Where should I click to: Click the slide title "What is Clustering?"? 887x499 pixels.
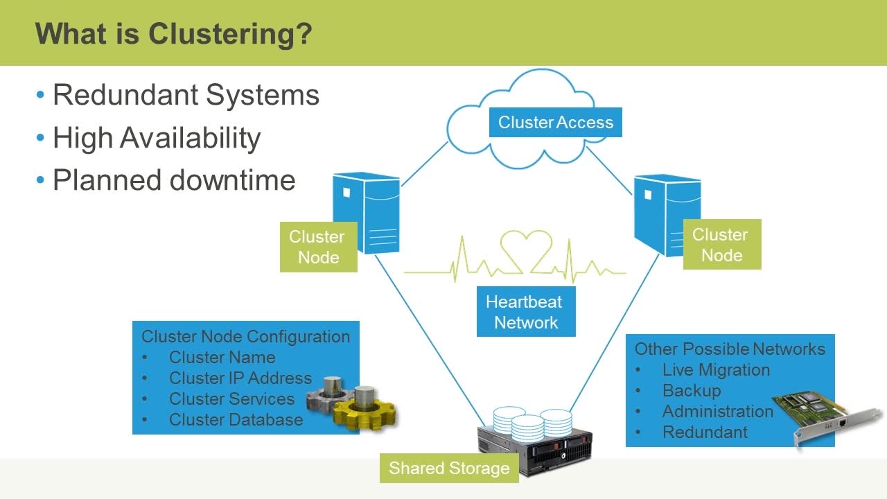[174, 34]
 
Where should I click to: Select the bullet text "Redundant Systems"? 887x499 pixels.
[186, 95]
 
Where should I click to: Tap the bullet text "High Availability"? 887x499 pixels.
[157, 138]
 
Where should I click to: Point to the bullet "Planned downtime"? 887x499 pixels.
[174, 180]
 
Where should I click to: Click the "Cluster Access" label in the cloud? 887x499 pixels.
[556, 123]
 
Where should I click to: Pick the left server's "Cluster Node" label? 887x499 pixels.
[318, 247]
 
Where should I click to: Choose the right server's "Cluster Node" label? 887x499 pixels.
[722, 245]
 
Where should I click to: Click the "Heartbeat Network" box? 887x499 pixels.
[526, 312]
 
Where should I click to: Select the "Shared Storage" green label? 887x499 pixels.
[449, 468]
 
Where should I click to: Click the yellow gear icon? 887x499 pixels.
[365, 412]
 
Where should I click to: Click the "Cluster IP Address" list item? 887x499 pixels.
[240, 378]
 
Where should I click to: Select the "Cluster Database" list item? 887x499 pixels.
[236, 420]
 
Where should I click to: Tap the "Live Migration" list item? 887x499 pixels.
[717, 370]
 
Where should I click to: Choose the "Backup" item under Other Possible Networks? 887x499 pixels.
[692, 391]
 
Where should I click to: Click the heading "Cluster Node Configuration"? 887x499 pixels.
[245, 337]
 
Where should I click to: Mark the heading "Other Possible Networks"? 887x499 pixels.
[730, 349]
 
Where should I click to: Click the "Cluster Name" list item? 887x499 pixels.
[222, 357]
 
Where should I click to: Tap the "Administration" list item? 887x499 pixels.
[718, 412]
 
